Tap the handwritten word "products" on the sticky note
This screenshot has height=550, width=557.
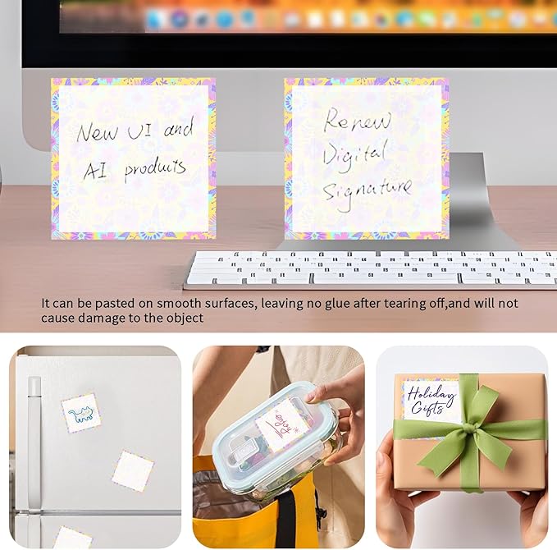tap(155, 170)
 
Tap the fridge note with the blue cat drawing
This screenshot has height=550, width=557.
tap(81, 413)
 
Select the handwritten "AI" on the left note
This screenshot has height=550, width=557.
tap(96, 170)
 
